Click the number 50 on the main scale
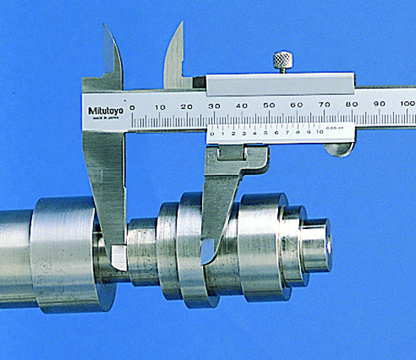tap(269, 106)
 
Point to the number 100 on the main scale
tap(407, 104)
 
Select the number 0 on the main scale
tap(132, 107)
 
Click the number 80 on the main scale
tap(352, 105)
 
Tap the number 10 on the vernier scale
tap(320, 133)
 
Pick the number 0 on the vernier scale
tap(212, 133)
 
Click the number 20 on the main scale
tap(186, 107)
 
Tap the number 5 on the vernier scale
tap(266, 133)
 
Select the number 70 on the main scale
tap(324, 105)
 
